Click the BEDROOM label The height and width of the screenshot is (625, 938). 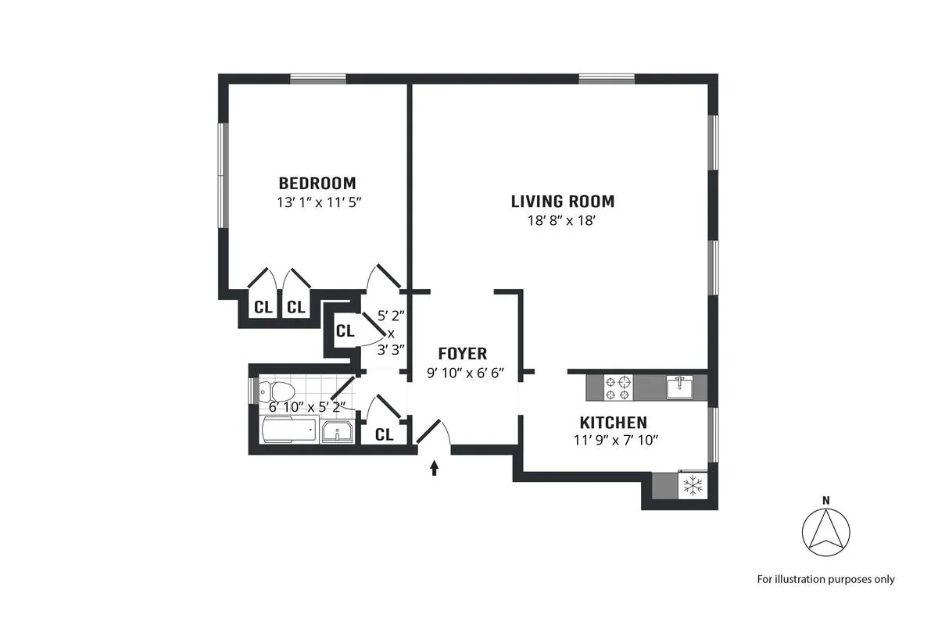click(x=317, y=184)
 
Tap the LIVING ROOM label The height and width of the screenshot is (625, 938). click(x=563, y=202)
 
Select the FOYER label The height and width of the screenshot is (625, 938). click(x=462, y=353)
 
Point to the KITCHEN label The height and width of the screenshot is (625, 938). click(x=614, y=423)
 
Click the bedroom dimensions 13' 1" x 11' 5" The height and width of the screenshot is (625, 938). click(x=317, y=202)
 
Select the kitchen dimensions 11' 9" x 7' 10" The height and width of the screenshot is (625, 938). click(x=615, y=440)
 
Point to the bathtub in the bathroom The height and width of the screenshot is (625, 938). click(x=288, y=430)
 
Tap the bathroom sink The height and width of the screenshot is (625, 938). click(x=337, y=431)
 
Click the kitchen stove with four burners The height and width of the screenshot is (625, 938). click(x=618, y=384)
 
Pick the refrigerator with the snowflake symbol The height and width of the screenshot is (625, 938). click(x=692, y=486)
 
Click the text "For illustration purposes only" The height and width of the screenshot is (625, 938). click(x=825, y=579)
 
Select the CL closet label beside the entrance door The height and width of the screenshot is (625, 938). click(x=384, y=435)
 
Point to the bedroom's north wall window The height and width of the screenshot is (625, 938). click(x=318, y=78)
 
